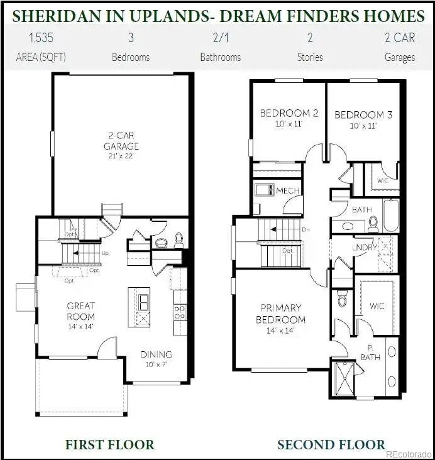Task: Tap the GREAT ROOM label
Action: tap(81, 311)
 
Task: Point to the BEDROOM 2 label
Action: tap(289, 114)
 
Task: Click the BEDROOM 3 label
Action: tap(363, 115)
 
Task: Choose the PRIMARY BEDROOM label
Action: tap(281, 314)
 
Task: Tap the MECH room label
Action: tap(287, 191)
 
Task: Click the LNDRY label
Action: tap(365, 247)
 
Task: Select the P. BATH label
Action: tap(367, 354)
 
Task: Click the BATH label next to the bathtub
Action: tap(361, 210)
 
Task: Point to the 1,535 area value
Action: tap(41, 37)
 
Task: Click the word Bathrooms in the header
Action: tap(220, 57)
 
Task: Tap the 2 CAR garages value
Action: tap(399, 37)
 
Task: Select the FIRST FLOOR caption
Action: tap(109, 445)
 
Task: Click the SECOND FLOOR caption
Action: tap(331, 445)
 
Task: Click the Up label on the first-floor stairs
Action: tap(105, 253)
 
